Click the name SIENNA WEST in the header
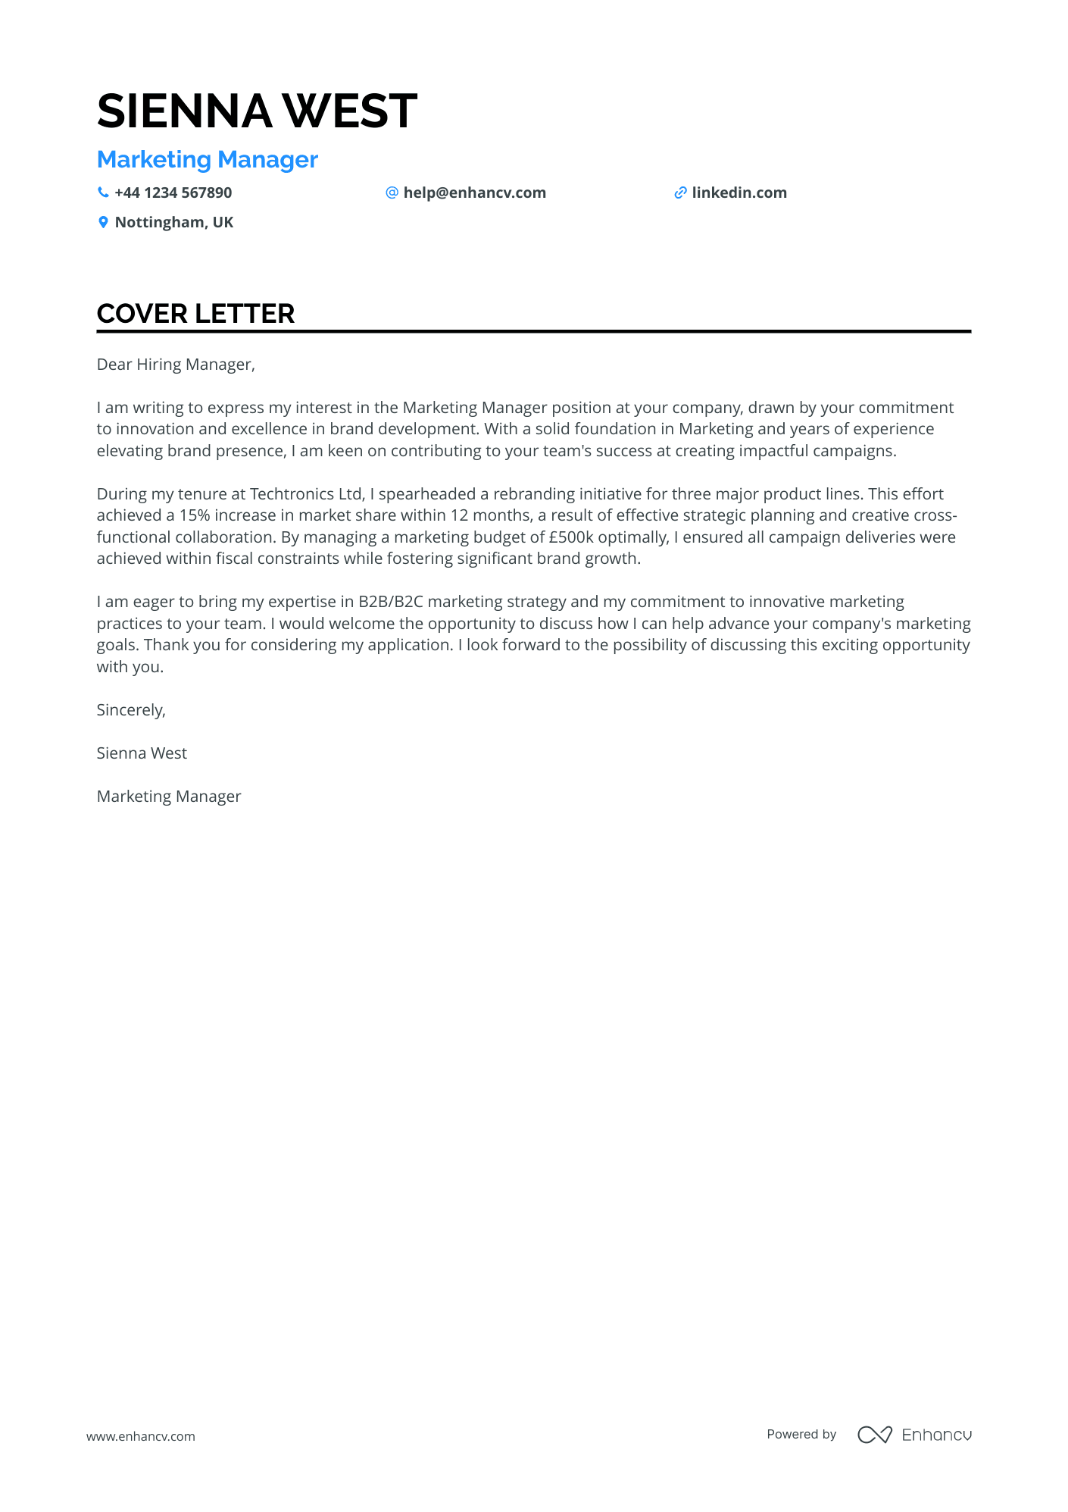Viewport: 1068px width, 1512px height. click(257, 111)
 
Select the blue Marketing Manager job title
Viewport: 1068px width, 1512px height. click(208, 160)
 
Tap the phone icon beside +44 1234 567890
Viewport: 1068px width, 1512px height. click(103, 193)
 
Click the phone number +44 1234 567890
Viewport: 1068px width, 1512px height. click(173, 193)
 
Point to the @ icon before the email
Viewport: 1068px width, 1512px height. click(392, 193)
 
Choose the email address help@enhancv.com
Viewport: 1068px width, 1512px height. click(474, 193)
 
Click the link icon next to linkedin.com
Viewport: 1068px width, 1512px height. click(680, 193)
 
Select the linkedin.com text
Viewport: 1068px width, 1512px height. click(739, 193)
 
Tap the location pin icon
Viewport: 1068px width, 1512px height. click(103, 222)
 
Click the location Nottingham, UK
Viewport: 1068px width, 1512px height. click(174, 222)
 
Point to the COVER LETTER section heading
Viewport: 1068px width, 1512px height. click(195, 314)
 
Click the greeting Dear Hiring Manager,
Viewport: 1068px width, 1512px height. click(176, 365)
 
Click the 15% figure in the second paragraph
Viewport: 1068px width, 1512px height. click(194, 515)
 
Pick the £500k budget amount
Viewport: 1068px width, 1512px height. click(571, 537)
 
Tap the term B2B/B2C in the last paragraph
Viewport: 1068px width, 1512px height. click(391, 602)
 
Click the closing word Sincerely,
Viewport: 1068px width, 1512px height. click(131, 710)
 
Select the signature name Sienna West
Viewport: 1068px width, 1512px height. click(142, 753)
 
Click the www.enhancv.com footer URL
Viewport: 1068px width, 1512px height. click(141, 1436)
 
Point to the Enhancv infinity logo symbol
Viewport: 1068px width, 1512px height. click(875, 1435)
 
